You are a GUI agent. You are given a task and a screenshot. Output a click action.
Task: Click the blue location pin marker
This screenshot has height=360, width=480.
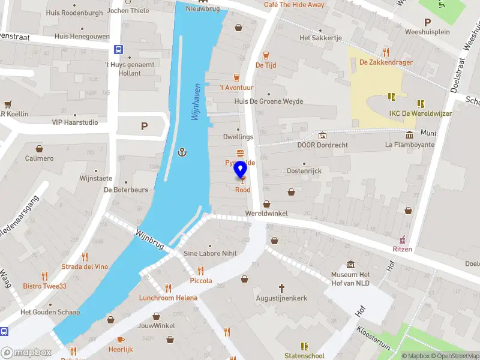(241, 170)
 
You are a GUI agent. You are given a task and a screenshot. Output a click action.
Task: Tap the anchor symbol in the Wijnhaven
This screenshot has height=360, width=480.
(182, 152)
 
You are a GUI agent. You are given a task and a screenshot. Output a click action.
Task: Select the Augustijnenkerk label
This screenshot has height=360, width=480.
(281, 298)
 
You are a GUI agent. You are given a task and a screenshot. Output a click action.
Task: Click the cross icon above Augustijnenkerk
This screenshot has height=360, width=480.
(281, 288)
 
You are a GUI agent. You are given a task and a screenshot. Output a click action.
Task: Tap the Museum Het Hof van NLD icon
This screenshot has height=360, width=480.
(351, 265)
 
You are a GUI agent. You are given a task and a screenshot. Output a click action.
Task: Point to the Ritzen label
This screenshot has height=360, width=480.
(402, 249)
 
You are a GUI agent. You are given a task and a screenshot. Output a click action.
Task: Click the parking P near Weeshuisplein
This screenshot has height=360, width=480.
(427, 22)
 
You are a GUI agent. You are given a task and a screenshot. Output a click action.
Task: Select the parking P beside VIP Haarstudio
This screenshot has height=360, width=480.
(143, 126)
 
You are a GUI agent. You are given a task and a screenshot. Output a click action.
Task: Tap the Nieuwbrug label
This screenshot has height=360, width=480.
(203, 8)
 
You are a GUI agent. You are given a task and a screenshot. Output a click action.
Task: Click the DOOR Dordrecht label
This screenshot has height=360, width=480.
(323, 145)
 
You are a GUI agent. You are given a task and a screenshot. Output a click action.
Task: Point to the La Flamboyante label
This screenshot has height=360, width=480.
(409, 145)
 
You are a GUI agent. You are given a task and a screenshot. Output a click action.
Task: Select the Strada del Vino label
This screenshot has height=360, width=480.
(85, 266)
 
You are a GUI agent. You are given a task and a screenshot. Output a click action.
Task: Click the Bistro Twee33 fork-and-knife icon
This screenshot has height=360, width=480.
(44, 276)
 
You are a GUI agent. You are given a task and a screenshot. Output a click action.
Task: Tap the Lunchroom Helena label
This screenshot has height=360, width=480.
(168, 298)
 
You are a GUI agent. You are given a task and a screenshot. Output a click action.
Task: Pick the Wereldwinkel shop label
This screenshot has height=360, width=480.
(266, 214)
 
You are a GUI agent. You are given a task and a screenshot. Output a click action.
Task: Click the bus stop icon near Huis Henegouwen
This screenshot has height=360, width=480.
(119, 50)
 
